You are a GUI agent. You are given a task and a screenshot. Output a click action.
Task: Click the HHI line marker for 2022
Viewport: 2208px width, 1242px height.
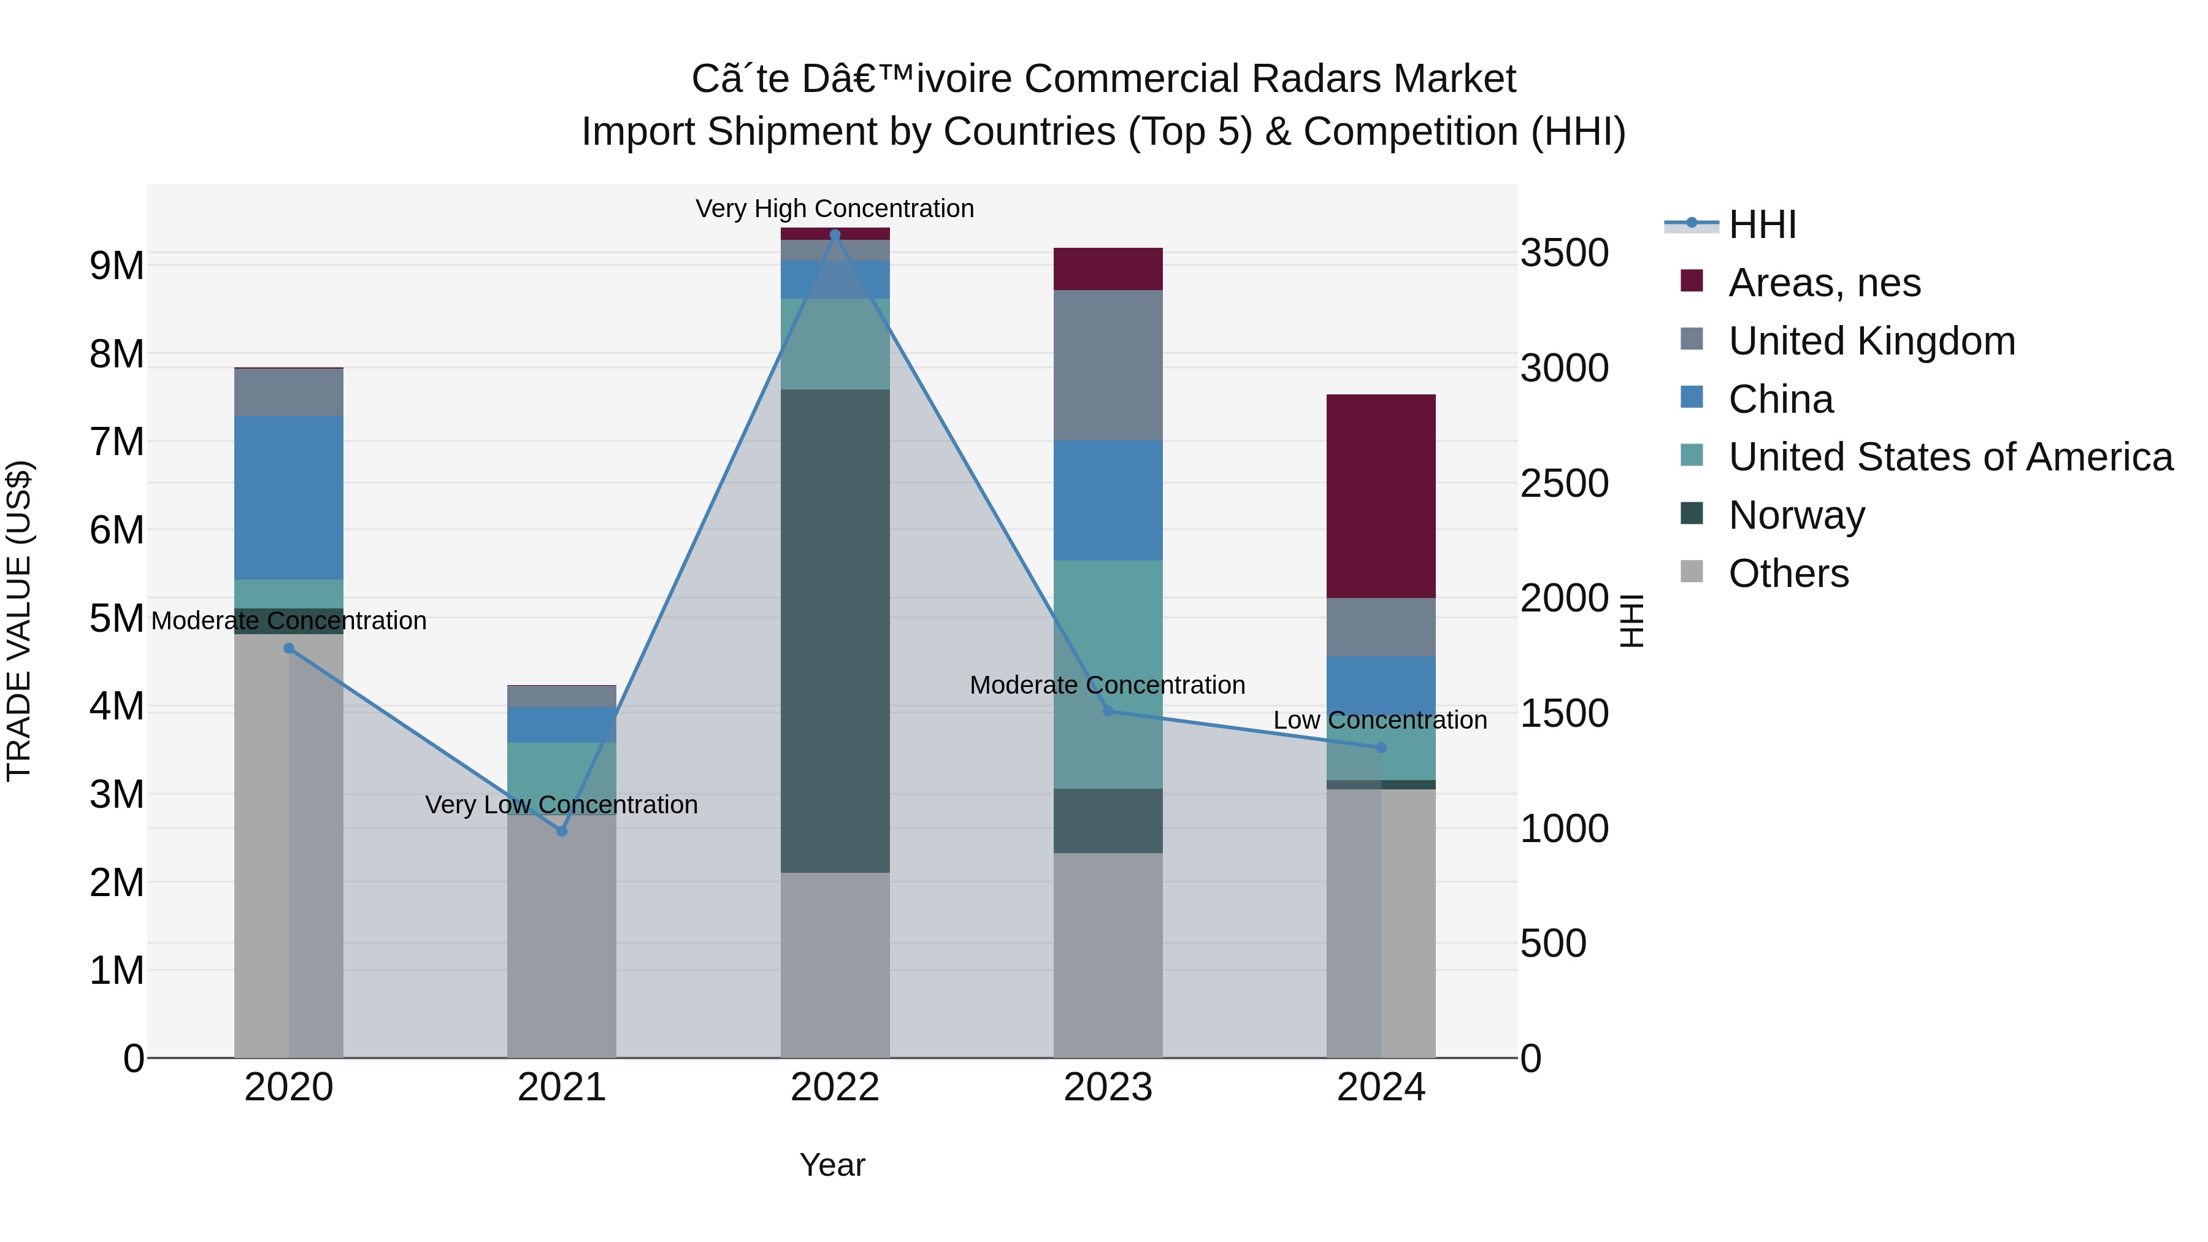pyautogui.click(x=835, y=235)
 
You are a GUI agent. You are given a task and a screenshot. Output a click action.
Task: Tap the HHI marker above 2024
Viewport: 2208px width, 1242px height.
pyautogui.click(x=1381, y=748)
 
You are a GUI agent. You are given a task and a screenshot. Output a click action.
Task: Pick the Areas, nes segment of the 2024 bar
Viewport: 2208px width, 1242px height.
pyautogui.click(x=1381, y=496)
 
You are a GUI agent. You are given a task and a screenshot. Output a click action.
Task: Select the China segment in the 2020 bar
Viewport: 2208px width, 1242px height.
pyautogui.click(x=289, y=497)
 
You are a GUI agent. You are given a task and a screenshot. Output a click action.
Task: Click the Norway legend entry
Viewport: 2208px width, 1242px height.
pyautogui.click(x=1796, y=515)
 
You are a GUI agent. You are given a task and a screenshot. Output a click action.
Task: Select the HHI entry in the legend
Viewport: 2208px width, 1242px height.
pyautogui.click(x=1761, y=224)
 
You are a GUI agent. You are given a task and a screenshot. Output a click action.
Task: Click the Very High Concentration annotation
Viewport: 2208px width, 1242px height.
pyautogui.click(x=835, y=209)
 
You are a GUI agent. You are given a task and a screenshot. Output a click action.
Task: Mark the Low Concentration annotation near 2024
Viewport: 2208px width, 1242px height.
pyautogui.click(x=1380, y=720)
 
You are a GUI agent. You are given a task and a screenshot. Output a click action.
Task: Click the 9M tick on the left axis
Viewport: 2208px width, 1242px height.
pyautogui.click(x=117, y=266)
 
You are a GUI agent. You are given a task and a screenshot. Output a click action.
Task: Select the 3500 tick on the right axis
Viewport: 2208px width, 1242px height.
pyautogui.click(x=1564, y=254)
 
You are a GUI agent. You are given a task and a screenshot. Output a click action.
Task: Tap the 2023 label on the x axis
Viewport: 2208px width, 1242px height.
pyautogui.click(x=1108, y=1087)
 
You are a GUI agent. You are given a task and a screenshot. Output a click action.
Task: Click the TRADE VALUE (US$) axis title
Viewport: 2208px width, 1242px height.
pyautogui.click(x=19, y=621)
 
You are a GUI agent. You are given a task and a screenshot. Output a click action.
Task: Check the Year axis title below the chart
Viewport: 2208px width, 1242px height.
pyautogui.click(x=832, y=1165)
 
